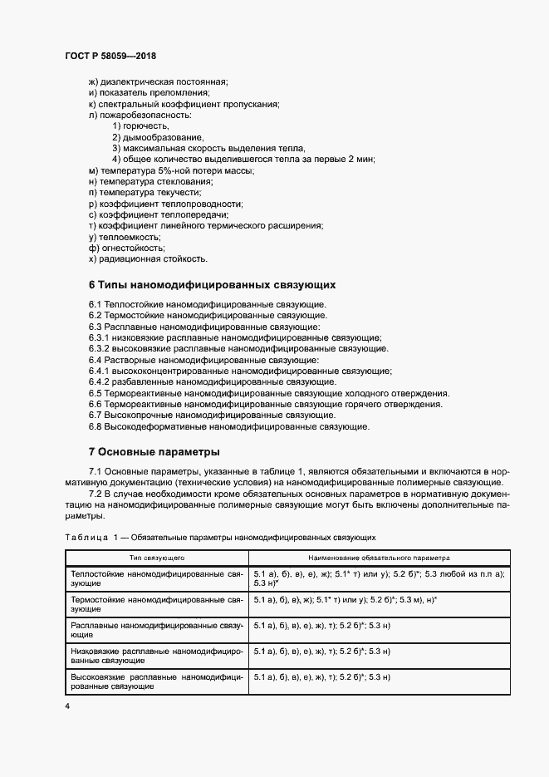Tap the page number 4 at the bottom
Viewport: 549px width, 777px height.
pos(67,706)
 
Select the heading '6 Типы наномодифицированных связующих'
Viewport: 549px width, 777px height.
pos(212,284)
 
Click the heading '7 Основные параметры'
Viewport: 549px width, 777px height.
pos(154,452)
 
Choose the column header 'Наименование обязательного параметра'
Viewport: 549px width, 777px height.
pos(378,557)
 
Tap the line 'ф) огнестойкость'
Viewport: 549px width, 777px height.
pos(126,248)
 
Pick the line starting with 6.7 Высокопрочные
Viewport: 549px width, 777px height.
pos(212,415)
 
